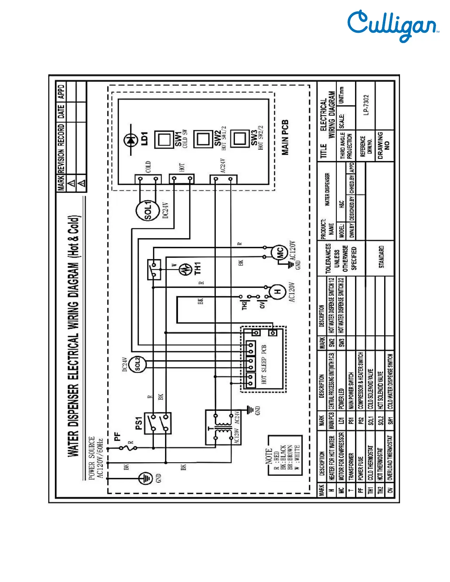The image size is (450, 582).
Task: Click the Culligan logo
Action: [393, 26]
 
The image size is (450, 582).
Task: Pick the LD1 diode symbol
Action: [131, 140]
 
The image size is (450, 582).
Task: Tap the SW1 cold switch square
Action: [164, 139]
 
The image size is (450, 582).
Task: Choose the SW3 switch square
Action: [239, 138]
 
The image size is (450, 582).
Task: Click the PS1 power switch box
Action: [157, 423]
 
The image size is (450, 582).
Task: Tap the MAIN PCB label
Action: [285, 137]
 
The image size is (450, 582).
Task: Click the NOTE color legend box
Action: [285, 456]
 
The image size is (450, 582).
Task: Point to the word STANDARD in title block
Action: [381, 257]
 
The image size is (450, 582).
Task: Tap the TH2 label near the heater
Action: [244, 305]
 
